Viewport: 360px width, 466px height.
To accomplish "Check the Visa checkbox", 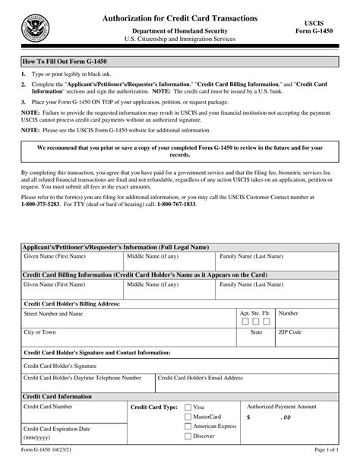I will click(x=188, y=407).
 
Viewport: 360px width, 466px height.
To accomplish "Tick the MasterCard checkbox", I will click(x=188, y=417).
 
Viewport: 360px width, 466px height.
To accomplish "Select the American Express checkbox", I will click(x=188, y=427).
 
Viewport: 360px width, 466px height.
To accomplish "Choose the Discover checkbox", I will click(x=188, y=437).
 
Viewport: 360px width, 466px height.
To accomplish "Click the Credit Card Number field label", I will click(x=49, y=407).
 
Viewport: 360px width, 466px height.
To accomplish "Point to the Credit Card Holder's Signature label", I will click(x=65, y=365).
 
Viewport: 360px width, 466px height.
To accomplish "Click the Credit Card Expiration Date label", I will click(x=57, y=428).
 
